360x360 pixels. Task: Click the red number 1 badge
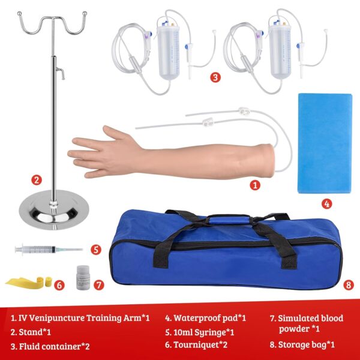click(x=255, y=185)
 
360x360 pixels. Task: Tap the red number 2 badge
click(x=37, y=179)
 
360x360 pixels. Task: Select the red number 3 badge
click(x=215, y=77)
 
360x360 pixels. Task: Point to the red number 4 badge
click(x=327, y=203)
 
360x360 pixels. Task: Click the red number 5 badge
click(x=96, y=248)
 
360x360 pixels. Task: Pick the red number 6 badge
click(x=59, y=285)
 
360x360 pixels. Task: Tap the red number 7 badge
click(x=99, y=285)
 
